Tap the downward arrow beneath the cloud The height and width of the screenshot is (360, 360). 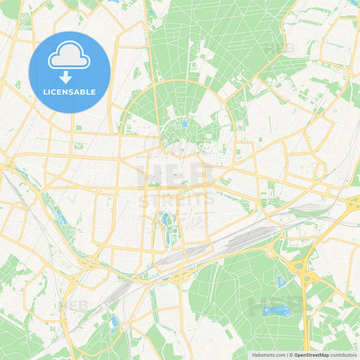point(66,77)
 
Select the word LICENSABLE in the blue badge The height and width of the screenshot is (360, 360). point(70,92)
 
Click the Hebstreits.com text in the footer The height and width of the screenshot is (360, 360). point(267,355)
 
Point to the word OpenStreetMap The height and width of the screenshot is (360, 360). point(312,355)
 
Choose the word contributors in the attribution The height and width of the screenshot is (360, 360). point(344,355)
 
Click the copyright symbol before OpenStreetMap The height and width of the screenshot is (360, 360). point(291,355)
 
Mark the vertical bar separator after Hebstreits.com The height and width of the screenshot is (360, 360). point(286,355)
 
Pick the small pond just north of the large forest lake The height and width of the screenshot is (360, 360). point(281,281)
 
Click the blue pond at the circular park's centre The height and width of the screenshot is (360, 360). point(184,124)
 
